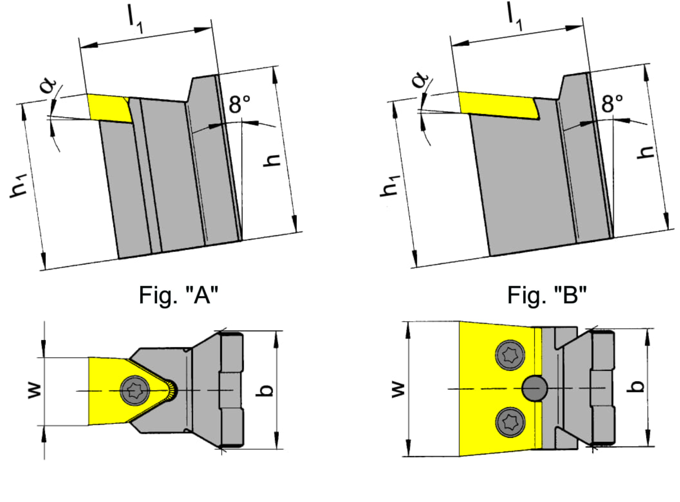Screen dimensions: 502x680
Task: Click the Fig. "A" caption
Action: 179,295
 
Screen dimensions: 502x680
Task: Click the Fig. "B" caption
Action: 547,295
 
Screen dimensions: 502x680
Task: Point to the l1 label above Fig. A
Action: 135,23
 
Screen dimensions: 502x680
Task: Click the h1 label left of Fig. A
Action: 18,186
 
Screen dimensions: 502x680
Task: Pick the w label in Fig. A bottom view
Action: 34,391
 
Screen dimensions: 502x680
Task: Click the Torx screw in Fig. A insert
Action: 135,391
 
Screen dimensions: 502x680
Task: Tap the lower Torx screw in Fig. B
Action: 510,422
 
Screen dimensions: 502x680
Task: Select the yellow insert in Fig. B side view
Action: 497,106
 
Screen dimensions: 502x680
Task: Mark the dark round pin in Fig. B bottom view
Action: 534,388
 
